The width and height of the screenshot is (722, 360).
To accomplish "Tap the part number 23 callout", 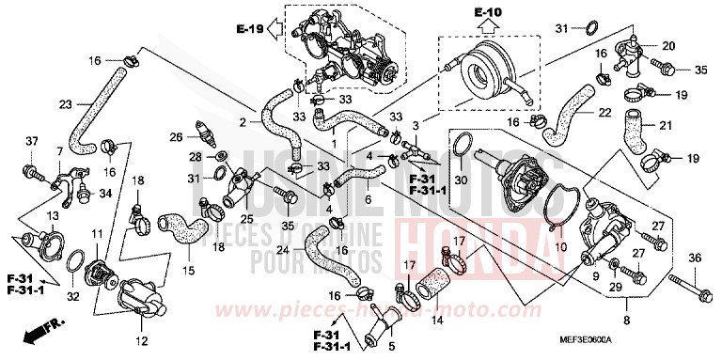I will [x=65, y=105].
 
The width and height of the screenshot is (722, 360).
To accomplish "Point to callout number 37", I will [x=32, y=142].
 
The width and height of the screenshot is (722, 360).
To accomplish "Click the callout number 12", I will [x=142, y=339].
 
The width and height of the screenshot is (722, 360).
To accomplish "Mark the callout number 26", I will [x=175, y=137].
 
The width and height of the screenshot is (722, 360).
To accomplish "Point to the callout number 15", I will [x=188, y=271].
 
